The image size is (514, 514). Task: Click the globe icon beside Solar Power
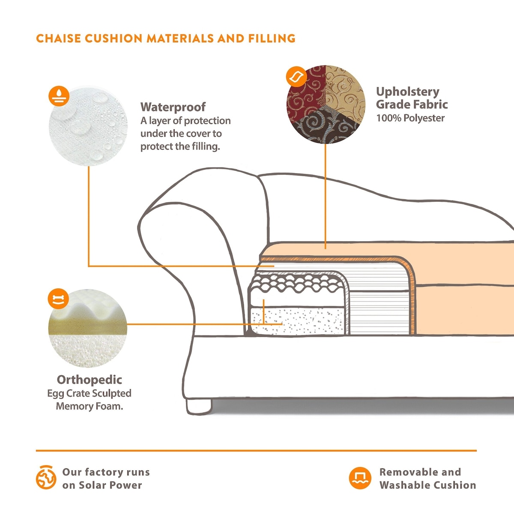(x=46, y=478)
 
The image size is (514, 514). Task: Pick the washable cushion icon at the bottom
(x=360, y=478)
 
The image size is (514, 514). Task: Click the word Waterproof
(x=173, y=107)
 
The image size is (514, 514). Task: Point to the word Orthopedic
(x=89, y=380)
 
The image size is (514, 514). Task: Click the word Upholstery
(x=408, y=92)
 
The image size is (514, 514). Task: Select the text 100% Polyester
(x=410, y=118)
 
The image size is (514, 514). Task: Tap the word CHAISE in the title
(x=59, y=39)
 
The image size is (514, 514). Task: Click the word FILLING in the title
(x=272, y=39)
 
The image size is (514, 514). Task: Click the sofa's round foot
(x=199, y=405)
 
